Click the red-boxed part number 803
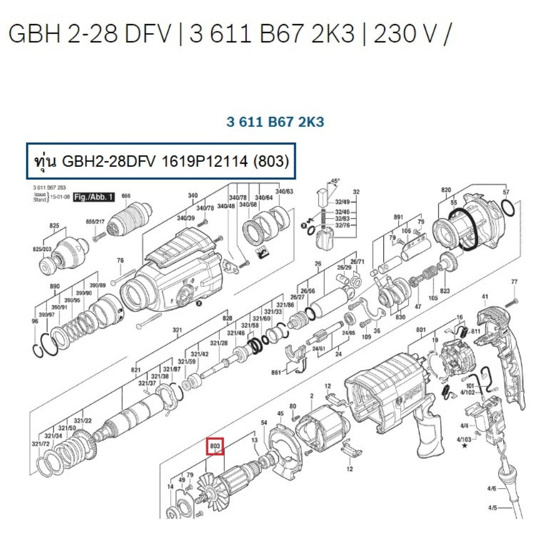216,447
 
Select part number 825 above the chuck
54,225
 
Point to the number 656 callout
126,195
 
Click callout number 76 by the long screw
120,260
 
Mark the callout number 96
35,321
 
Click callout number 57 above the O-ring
506,193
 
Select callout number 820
447,190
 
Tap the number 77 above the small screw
514,284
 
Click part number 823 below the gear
445,291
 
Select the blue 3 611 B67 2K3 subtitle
275,122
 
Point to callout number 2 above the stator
311,396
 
